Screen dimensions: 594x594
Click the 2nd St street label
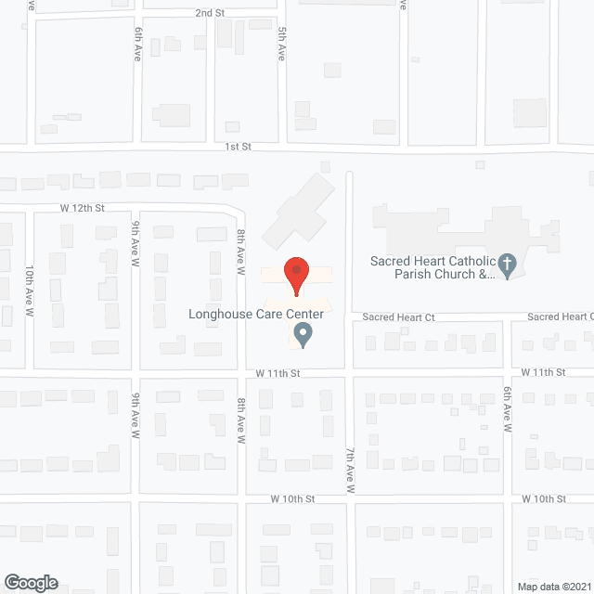point(210,13)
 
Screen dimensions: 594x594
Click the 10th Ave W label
point(30,291)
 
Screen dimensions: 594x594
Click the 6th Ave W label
point(508,411)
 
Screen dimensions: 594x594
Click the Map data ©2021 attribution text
point(553,586)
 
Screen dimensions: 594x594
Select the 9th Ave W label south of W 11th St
point(136,416)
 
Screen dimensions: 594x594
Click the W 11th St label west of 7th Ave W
point(279,372)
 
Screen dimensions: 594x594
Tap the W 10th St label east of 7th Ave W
point(544,498)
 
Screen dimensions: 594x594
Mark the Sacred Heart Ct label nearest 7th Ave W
point(398,317)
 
